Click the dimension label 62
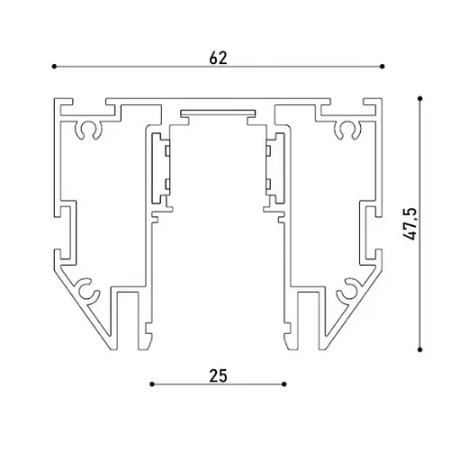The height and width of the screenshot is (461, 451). click(x=218, y=59)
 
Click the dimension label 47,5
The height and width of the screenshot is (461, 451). click(x=410, y=223)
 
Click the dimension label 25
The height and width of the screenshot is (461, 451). click(x=218, y=376)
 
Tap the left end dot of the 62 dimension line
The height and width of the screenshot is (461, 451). click(x=54, y=67)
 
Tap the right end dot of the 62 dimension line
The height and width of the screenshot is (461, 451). click(x=382, y=67)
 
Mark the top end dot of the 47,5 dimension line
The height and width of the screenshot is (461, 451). click(x=420, y=98)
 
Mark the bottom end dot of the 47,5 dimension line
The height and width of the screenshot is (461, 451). click(x=420, y=349)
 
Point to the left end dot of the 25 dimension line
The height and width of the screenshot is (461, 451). click(x=152, y=384)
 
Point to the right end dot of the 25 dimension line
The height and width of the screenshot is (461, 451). click(x=284, y=384)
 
